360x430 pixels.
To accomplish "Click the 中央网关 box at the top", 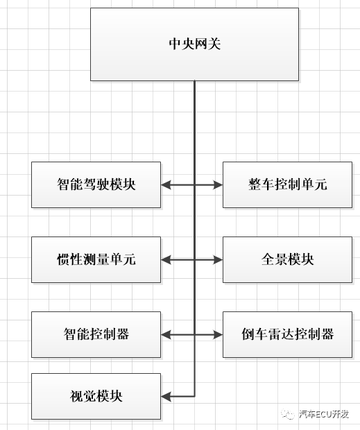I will tap(194, 44).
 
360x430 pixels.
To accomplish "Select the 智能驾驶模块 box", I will tap(96, 184).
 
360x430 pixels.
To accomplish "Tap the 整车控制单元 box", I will tap(287, 184).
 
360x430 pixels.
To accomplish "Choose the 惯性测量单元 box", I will tap(96, 259).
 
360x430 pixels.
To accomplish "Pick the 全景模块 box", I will tap(287, 259).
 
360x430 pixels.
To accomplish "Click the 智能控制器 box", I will tap(96, 334).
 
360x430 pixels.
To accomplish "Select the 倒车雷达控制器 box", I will tap(287, 334).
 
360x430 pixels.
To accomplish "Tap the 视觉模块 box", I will tap(96, 396).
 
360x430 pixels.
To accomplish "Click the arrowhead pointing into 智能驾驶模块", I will tap(166, 184).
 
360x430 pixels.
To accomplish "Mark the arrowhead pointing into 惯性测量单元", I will tap(166, 259).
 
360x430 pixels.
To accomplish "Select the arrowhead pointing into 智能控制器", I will tap(166, 334).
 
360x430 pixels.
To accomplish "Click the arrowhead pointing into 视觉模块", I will tap(166, 396).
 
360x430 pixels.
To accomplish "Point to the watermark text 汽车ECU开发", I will tap(325, 415).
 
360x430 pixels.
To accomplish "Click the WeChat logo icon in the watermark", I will tap(286, 415).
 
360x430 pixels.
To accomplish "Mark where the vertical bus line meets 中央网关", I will tap(194, 81).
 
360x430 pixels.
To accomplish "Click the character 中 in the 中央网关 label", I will tap(175, 44).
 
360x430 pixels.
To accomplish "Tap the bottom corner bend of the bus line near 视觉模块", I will tap(194, 396).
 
